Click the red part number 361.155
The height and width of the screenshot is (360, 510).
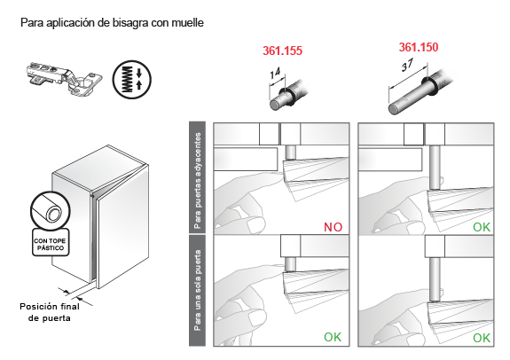point(282,51)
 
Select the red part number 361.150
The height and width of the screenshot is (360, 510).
point(419,47)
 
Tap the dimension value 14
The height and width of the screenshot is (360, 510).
point(275,74)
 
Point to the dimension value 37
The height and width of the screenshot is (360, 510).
point(407,65)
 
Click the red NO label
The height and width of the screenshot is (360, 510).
point(333,227)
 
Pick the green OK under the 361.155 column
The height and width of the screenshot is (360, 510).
point(333,337)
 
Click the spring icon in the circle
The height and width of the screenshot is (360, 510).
point(132,80)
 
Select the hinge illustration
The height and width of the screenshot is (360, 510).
point(64,78)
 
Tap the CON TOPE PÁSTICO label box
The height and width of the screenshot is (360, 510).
point(50,242)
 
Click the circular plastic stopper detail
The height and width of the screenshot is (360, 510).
point(50,210)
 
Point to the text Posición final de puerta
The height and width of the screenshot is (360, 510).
point(50,312)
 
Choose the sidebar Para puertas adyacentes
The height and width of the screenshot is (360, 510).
point(198,178)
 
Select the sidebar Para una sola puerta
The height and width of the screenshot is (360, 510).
point(198,291)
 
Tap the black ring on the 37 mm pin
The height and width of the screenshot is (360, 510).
point(430,87)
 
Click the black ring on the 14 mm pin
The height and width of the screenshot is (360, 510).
point(287,97)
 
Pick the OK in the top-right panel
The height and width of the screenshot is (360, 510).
point(482,227)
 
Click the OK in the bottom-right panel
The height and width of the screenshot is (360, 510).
point(482,338)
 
